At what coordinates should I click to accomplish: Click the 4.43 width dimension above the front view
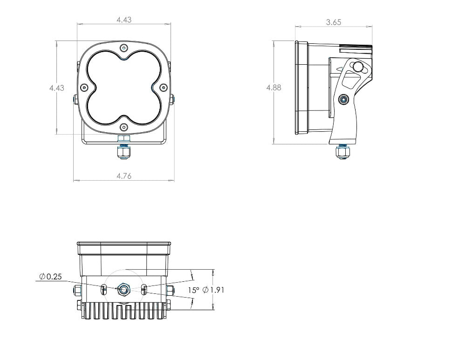pos(123,20)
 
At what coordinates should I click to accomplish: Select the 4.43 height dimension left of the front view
pos(57,88)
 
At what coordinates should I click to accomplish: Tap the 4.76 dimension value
pos(123,176)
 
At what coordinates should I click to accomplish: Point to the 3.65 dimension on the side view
pos(334,22)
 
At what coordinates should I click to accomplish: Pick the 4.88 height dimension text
pos(274,88)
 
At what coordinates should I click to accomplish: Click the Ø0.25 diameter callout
pos(51,277)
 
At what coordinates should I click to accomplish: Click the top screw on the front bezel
pos(123,48)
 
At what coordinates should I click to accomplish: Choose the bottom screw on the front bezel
pos(123,127)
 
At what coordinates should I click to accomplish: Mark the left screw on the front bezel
pos(84,88)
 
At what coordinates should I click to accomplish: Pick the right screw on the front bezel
pos(163,88)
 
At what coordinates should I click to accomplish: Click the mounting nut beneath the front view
pos(123,152)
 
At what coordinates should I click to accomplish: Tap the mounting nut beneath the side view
pos(343,152)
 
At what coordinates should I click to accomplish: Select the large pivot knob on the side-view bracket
pos(358,67)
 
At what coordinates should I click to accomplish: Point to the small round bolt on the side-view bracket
pos(343,99)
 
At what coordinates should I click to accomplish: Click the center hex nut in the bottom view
pos(124,290)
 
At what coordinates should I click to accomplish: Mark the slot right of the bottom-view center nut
pos(144,290)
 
